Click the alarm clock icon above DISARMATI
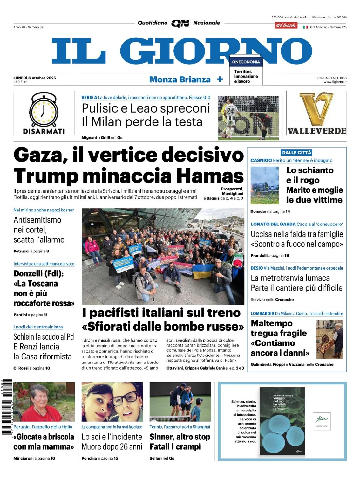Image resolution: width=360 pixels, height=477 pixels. click(x=44, y=110)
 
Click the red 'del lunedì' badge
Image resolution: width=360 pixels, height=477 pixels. click(x=286, y=25)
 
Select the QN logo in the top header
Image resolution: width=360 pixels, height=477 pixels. click(x=180, y=23)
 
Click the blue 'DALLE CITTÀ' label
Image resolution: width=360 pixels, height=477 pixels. click(x=297, y=153)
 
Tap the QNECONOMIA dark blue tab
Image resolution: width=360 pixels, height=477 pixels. click(x=246, y=62)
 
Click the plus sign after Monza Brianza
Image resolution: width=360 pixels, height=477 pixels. click(x=220, y=79)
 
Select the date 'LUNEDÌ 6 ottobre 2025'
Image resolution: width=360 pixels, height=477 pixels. click(x=35, y=78)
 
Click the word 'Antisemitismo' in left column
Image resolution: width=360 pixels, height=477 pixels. click(x=37, y=220)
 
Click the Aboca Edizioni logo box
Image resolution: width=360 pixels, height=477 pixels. click(x=322, y=421)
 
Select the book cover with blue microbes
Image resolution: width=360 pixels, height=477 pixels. click(x=282, y=421)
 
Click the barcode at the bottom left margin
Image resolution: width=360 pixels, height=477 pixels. click(x=6, y=407)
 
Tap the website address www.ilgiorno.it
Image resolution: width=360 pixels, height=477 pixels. click(x=335, y=82)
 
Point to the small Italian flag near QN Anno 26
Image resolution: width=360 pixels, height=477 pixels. click(x=305, y=27)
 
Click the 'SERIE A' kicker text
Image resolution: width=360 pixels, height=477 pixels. click(x=89, y=98)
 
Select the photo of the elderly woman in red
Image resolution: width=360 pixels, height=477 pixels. click(x=44, y=402)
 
